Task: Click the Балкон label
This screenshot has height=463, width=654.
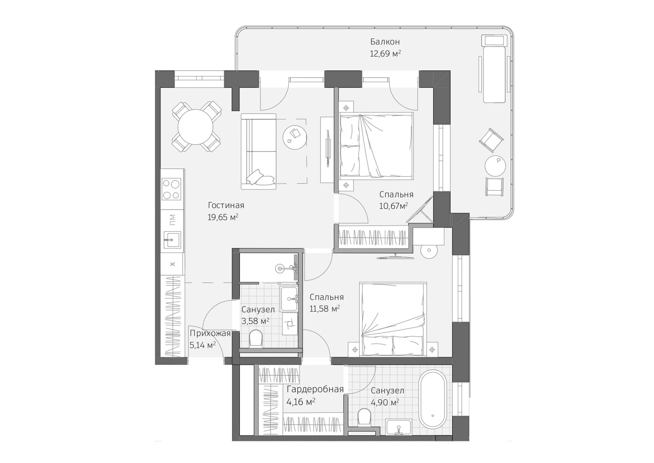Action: [x=385, y=42]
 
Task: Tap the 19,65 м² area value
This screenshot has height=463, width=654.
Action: [x=223, y=217]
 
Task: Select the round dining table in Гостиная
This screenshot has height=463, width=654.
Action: [x=195, y=127]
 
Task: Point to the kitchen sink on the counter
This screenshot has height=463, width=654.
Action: [x=172, y=240]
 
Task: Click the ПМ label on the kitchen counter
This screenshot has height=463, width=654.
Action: [x=172, y=220]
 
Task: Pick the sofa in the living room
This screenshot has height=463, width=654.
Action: [x=258, y=151]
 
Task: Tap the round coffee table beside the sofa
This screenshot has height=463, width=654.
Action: [x=295, y=137]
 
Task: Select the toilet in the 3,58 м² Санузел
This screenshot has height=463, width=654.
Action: [x=256, y=338]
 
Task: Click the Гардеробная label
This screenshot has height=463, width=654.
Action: [x=315, y=390]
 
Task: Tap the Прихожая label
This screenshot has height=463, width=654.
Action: [x=210, y=334]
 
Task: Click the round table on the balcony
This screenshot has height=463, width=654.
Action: [x=495, y=165]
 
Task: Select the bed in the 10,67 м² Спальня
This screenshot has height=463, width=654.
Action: [x=377, y=146]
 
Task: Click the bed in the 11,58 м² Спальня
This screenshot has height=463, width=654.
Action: [x=393, y=319]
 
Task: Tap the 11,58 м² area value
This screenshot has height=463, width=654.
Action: [x=324, y=309]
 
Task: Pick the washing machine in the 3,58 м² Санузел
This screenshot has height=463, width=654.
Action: [x=290, y=323]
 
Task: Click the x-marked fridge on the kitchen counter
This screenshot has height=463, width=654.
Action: [x=172, y=264]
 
